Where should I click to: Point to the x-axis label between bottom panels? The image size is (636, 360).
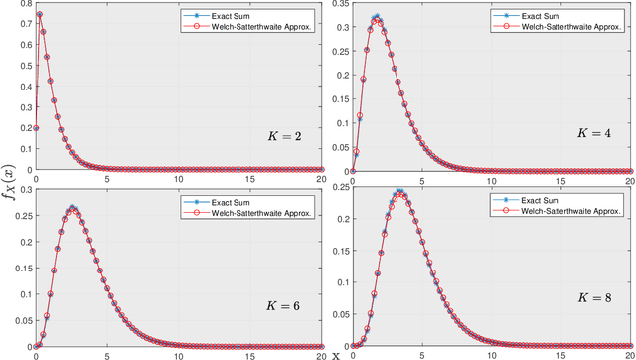click(x=336, y=355)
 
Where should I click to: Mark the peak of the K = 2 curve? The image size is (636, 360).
click(x=39, y=14)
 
